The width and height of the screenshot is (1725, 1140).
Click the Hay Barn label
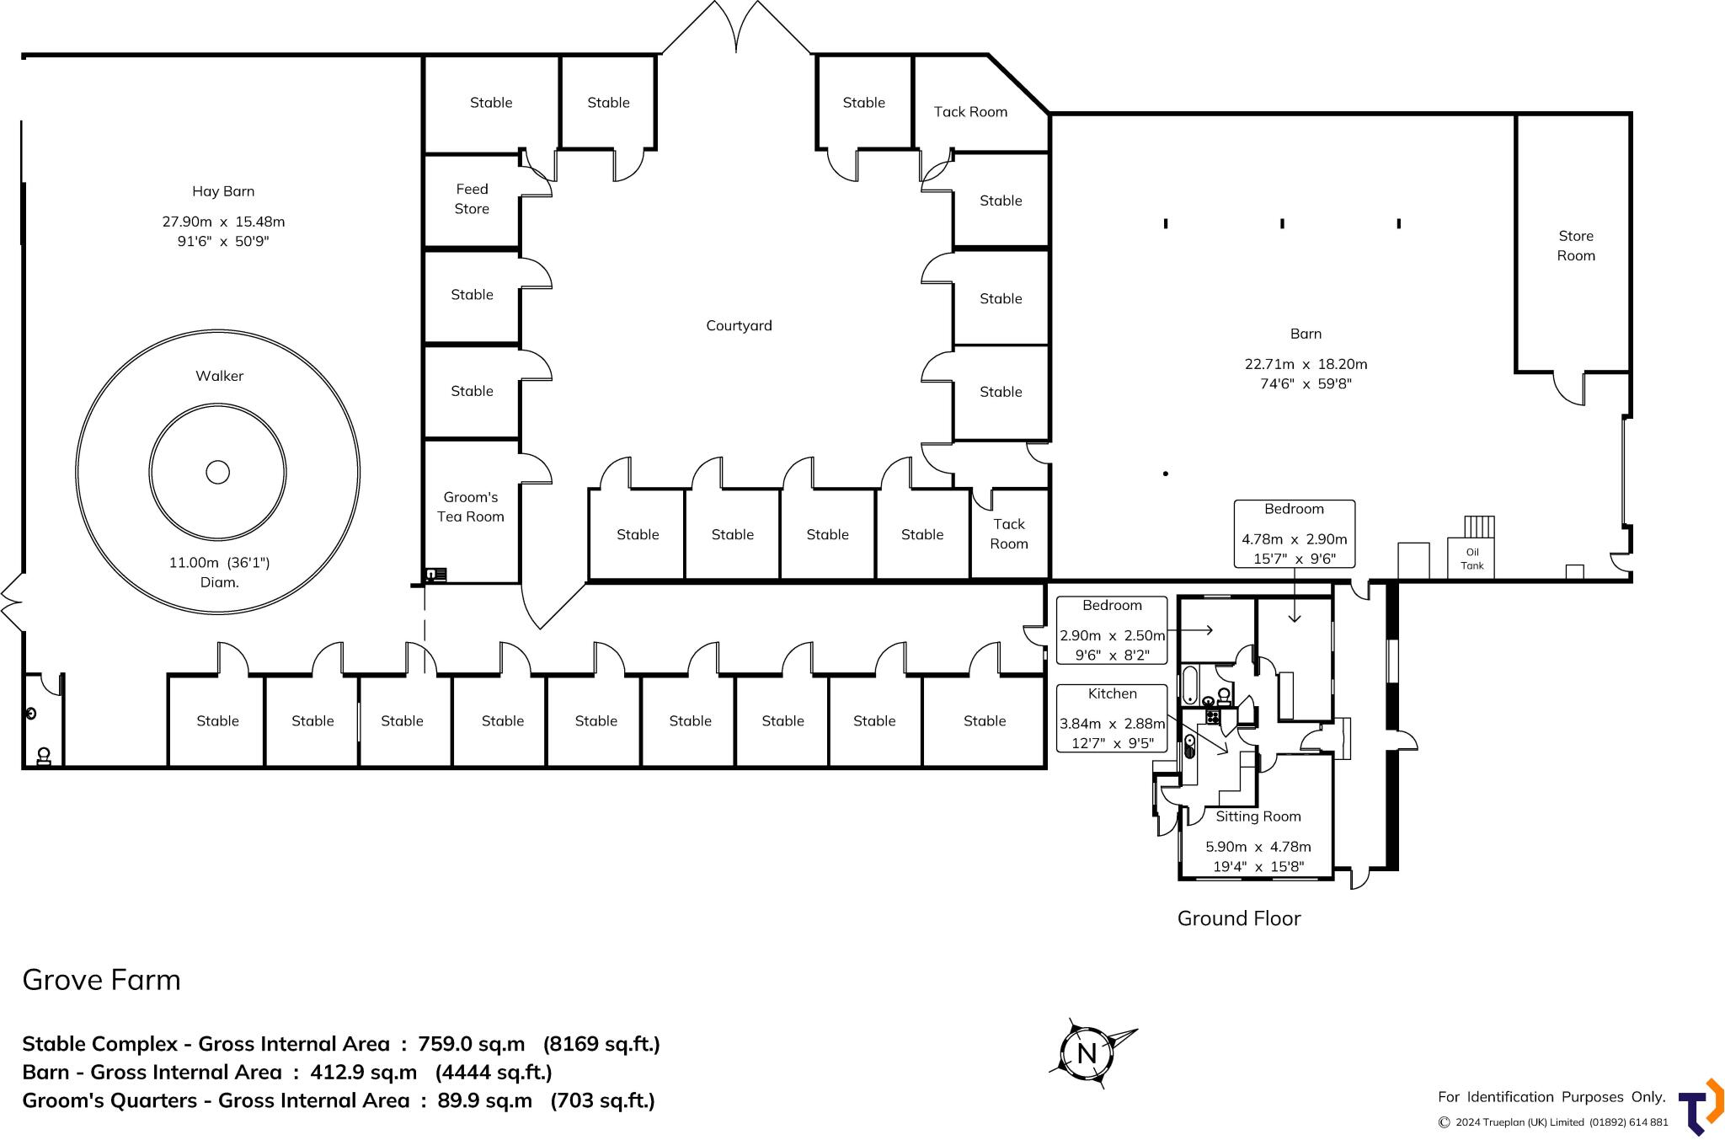pos(223,191)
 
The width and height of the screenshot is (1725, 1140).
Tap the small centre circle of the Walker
pos(217,472)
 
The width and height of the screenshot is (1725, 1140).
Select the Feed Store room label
pos(472,199)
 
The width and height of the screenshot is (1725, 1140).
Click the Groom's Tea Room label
pos(470,507)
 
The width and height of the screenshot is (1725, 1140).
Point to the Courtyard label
pos(739,325)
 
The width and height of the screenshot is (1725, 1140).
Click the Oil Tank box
pos(1471,559)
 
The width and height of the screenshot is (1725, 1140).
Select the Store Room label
pos(1575,246)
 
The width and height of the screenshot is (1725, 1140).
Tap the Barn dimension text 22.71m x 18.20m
pos(1306,364)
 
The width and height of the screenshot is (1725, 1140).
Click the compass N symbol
pos(1087,1053)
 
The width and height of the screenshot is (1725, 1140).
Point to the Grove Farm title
pos(101,980)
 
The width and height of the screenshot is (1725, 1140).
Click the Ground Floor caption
pos(1238,918)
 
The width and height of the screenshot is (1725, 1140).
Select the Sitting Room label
pos(1258,816)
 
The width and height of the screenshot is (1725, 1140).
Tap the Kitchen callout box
pos(1112,718)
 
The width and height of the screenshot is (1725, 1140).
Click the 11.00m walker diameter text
pos(219,563)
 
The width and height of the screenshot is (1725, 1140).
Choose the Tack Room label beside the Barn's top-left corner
pos(970,112)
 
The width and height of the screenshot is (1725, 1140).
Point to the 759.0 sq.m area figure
pos(471,1044)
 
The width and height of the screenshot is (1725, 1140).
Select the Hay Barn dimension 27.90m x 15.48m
pos(223,222)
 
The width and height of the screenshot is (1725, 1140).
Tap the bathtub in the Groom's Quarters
pos(1188,684)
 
